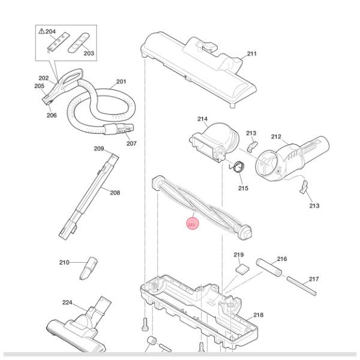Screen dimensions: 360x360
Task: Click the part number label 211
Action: (x=252, y=54)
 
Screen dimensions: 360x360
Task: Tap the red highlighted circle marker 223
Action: (x=191, y=225)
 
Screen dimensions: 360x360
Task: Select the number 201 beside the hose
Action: (x=121, y=82)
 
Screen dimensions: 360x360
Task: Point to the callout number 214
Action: (x=203, y=119)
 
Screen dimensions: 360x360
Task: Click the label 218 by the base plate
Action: (x=259, y=315)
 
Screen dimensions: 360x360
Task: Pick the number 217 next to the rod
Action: (x=314, y=279)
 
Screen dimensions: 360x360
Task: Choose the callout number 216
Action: (x=282, y=259)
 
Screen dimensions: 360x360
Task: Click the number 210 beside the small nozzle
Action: (x=65, y=263)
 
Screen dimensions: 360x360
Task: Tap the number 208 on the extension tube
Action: (x=115, y=193)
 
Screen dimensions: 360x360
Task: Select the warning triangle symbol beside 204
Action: (x=42, y=31)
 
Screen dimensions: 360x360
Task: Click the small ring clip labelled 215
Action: (x=238, y=168)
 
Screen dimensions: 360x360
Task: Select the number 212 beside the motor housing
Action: (x=276, y=137)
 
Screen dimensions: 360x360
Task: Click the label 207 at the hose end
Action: (x=131, y=143)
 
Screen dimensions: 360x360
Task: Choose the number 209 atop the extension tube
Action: (x=99, y=149)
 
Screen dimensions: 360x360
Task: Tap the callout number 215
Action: (x=243, y=188)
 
